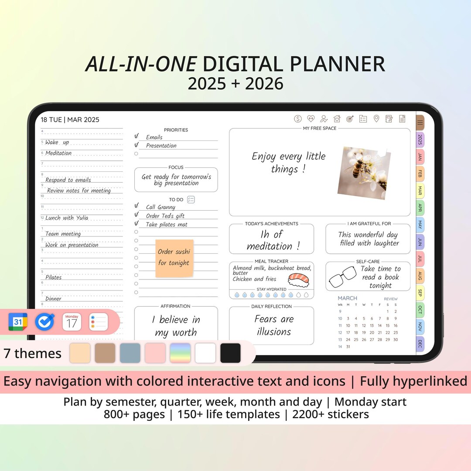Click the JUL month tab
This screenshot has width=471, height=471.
coord(420,259)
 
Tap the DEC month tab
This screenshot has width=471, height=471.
coord(420,344)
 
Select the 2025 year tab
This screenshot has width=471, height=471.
coord(420,140)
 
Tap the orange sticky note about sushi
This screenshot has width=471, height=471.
coord(174,258)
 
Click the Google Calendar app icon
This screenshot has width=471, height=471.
coord(18,322)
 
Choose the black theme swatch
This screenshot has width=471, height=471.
coord(230,353)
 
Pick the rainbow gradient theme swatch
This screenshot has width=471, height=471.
coord(180,353)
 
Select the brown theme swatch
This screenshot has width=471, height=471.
coord(105,353)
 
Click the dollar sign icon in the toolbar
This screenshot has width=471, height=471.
coord(298,119)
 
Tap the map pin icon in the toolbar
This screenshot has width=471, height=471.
coord(376,119)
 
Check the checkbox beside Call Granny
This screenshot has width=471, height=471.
coord(137,206)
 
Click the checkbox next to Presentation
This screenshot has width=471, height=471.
coord(137,145)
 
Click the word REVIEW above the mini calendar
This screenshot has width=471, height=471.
coord(391,299)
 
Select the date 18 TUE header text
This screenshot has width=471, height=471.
coord(52,120)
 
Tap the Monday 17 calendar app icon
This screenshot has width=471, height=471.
coord(72,322)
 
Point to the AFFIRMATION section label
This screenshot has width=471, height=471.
coord(175,306)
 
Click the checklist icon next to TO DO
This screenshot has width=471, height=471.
coord(191,199)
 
